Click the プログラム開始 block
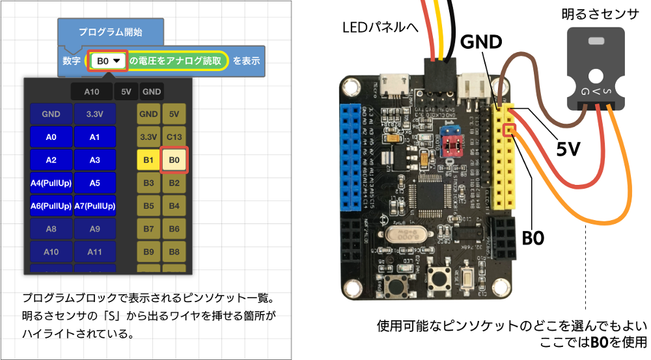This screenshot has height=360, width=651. [x=110, y=31]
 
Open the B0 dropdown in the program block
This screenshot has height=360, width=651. [x=108, y=61]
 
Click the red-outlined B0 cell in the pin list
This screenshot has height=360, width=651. [x=174, y=159]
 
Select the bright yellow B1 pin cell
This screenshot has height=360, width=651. [x=148, y=159]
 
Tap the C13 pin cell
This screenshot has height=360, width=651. [x=174, y=137]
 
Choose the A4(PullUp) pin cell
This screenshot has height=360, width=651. [x=51, y=183]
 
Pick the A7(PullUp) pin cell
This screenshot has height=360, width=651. [x=94, y=206]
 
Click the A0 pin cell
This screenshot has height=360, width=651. [x=51, y=137]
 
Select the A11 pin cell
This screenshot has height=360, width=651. [x=94, y=251]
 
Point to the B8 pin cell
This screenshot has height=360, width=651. [x=174, y=251]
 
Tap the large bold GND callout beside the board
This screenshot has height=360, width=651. [x=481, y=42]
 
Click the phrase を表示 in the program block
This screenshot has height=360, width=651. [x=247, y=61]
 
